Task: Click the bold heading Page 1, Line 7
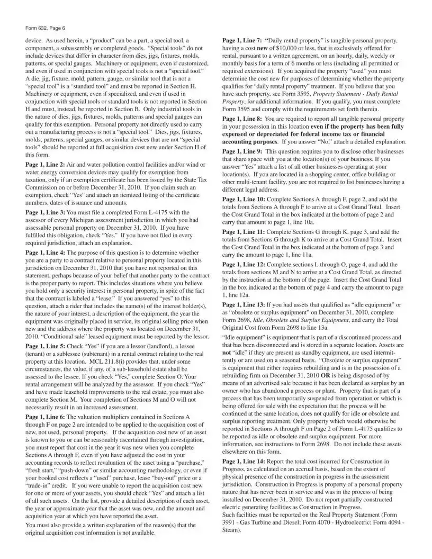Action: (242, 40)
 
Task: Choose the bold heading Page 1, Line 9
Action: (242, 151)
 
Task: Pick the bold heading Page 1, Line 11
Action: (244, 232)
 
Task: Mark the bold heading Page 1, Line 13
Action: (244, 305)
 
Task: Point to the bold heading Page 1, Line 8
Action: (242, 120)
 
